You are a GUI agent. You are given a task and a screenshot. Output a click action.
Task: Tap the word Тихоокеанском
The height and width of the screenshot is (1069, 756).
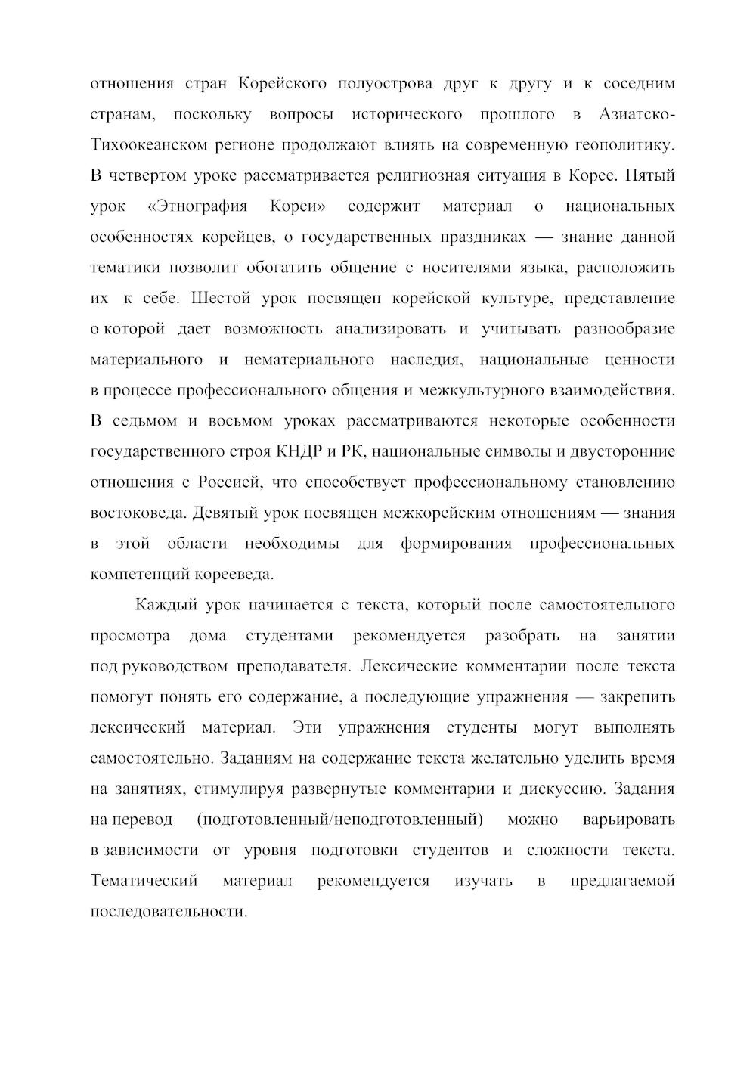pyautogui.click(x=145, y=145)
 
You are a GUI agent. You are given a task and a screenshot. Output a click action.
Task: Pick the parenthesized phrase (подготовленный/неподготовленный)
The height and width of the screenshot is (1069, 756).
pyautogui.click(x=339, y=820)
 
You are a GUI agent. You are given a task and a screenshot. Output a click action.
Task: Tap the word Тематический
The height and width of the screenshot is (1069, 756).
pyautogui.click(x=144, y=882)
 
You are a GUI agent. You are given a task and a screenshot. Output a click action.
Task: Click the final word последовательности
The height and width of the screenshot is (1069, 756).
pyautogui.click(x=169, y=912)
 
